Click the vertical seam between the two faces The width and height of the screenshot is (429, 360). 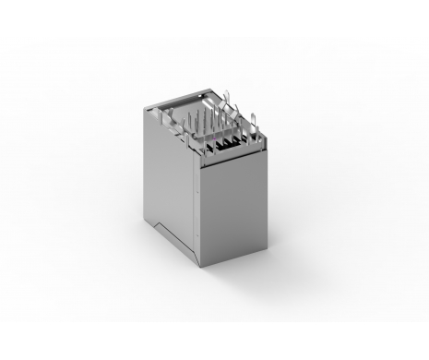(199, 212)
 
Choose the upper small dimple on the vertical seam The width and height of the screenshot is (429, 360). (197, 194)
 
